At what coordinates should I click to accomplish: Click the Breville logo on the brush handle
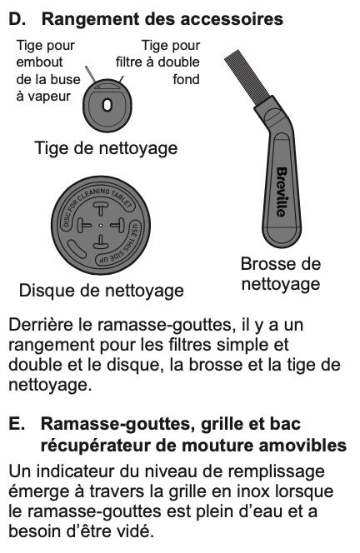click(282, 192)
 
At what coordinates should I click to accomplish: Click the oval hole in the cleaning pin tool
click(107, 105)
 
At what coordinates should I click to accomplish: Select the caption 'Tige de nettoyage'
click(106, 147)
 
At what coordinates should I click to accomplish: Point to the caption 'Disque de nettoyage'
click(102, 291)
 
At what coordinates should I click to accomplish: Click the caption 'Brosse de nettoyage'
click(281, 274)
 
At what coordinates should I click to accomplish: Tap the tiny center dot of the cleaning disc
click(101, 225)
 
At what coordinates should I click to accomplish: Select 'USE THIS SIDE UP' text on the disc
click(123, 247)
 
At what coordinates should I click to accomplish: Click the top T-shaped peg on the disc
click(100, 208)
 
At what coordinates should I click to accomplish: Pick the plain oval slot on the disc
click(77, 249)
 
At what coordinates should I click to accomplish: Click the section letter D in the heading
click(16, 19)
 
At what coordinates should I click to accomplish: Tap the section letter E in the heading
click(16, 424)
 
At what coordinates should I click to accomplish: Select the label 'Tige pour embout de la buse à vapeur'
click(48, 71)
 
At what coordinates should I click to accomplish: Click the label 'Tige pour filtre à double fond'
click(157, 62)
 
